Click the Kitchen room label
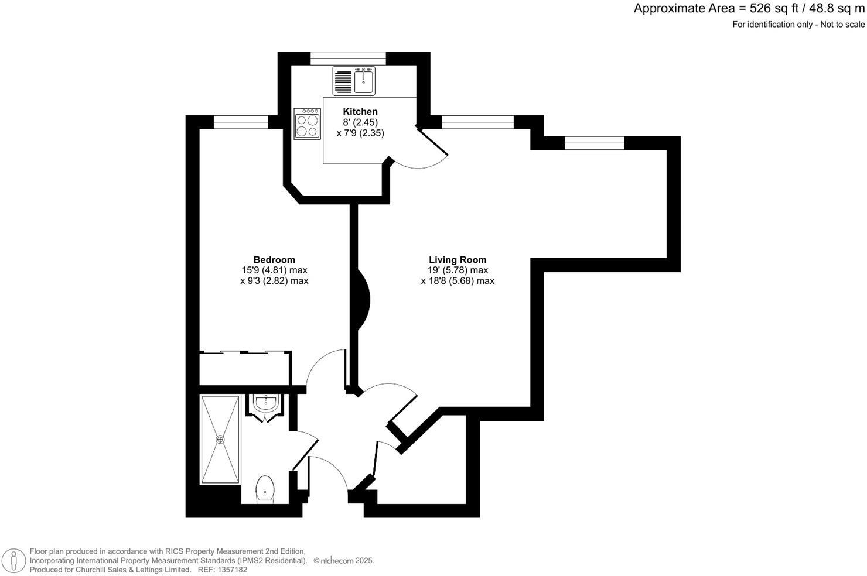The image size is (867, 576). pos(360,112)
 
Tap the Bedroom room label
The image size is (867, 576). pos(274,260)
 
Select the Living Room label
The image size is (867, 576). pos(458,260)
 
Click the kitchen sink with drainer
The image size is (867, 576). pos(354,81)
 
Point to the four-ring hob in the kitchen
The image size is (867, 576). pos(308,124)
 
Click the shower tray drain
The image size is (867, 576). pos(220,439)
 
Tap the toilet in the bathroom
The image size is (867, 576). pos(265,488)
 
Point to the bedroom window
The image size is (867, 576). pos(240,122)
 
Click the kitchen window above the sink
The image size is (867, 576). pos(348,58)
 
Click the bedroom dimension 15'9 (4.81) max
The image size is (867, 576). pos(274,270)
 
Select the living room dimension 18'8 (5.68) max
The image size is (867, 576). pos(458,281)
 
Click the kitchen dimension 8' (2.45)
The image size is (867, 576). pos(360,122)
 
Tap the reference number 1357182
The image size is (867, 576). pos(231,570)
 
